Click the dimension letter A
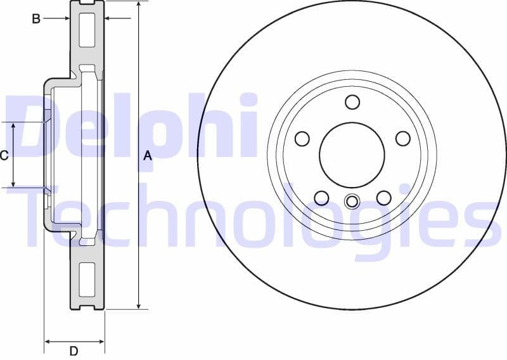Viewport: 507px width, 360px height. point(148,155)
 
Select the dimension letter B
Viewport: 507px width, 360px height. point(36,19)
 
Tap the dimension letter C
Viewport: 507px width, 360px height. point(4,155)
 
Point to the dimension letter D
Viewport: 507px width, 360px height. point(74,350)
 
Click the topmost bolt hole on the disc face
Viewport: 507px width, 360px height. point(352,101)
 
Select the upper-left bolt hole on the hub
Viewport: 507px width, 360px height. point(302,138)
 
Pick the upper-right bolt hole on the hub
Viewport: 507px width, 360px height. point(402,138)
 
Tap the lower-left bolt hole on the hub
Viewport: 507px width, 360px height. point(321,198)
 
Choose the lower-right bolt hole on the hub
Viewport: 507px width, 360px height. point(383,198)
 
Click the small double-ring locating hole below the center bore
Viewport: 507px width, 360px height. point(352,202)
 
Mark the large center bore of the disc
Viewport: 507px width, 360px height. point(352,155)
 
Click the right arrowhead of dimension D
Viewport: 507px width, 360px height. point(101,342)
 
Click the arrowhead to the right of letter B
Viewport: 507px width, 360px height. point(66,19)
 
